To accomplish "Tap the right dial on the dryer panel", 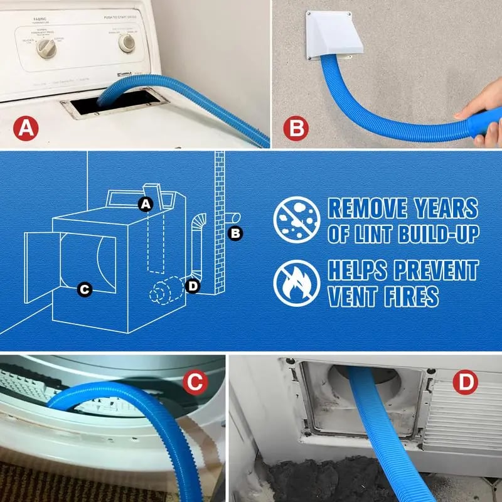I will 127,43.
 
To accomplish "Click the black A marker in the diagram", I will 146,204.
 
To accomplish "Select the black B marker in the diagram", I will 235,233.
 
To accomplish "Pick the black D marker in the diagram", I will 193,286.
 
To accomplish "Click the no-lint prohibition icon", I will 297,220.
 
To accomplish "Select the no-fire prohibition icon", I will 297,282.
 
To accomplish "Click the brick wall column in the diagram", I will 219,226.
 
